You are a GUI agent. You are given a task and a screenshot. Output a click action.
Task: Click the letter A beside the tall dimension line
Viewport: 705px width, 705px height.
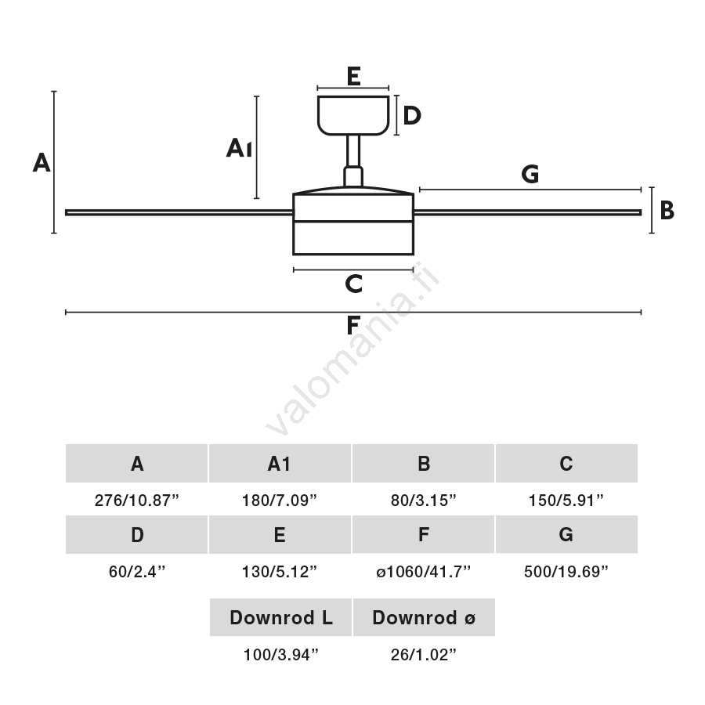[42, 163]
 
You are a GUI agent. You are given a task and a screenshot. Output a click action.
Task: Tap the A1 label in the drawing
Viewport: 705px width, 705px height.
[239, 148]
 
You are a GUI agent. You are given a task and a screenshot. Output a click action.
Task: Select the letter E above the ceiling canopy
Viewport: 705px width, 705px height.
[353, 76]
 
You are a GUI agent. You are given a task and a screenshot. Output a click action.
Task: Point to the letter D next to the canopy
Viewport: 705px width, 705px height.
[412, 116]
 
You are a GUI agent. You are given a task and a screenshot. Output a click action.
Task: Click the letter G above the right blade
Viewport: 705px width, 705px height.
[530, 175]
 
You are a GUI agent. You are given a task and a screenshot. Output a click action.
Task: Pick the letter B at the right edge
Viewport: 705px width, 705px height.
[667, 211]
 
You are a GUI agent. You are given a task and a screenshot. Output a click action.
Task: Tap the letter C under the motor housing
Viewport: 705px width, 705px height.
[353, 284]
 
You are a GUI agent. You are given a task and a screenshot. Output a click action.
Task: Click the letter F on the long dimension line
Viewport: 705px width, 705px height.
[353, 324]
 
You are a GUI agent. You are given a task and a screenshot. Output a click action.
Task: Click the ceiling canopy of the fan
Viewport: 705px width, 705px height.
[353, 114]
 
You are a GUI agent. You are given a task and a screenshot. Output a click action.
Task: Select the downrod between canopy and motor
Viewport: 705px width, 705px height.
[353, 153]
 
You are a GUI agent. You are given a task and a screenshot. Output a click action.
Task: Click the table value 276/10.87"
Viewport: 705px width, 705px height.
[137, 501]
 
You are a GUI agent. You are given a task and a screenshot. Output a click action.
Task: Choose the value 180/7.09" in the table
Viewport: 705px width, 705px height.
[280, 501]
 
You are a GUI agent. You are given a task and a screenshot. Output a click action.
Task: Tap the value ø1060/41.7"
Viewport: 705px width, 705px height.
[423, 572]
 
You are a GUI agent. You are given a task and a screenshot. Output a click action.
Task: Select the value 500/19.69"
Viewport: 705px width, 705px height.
[566, 572]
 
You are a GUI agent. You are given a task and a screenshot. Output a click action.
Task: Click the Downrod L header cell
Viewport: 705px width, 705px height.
[280, 618]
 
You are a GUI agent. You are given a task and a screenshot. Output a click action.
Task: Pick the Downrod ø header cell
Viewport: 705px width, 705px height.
[424, 618]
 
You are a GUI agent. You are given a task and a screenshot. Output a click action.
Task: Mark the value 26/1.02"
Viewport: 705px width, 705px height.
[423, 655]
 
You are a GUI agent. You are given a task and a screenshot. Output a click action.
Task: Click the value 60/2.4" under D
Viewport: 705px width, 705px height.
[137, 572]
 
